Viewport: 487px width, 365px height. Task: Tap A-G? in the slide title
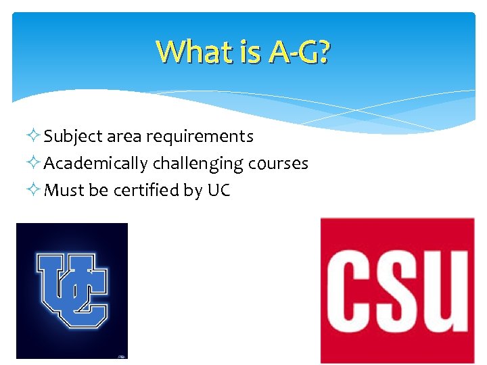coord(298,51)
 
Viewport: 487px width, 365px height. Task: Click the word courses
coord(279,164)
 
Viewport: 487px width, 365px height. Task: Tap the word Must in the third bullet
coord(64,191)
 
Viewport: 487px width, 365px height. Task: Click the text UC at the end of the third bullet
coord(218,191)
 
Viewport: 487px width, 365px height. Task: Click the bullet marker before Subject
coord(35,137)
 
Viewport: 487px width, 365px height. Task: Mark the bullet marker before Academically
coord(35,164)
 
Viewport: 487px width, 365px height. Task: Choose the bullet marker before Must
coord(35,191)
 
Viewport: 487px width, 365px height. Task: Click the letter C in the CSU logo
coord(352,291)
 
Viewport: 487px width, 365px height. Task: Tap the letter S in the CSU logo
coord(399,291)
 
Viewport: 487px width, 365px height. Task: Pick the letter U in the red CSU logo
coord(446,291)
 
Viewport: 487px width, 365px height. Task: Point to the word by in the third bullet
coord(192,191)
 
